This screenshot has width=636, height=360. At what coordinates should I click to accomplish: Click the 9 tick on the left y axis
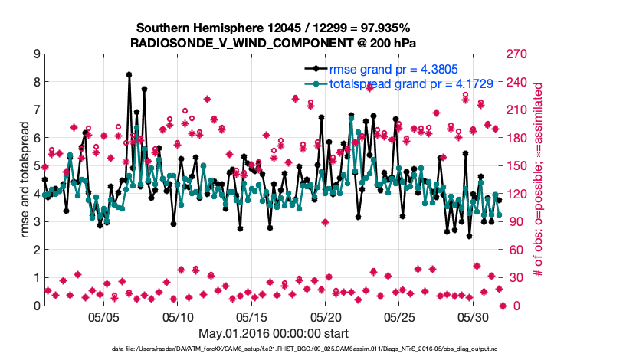35,54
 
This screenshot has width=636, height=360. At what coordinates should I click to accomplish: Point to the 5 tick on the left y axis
35,166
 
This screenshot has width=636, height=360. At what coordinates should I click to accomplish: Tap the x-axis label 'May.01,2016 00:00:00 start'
273,334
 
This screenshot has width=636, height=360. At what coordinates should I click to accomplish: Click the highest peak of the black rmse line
129,74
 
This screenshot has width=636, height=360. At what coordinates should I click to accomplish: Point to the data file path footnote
273,349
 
